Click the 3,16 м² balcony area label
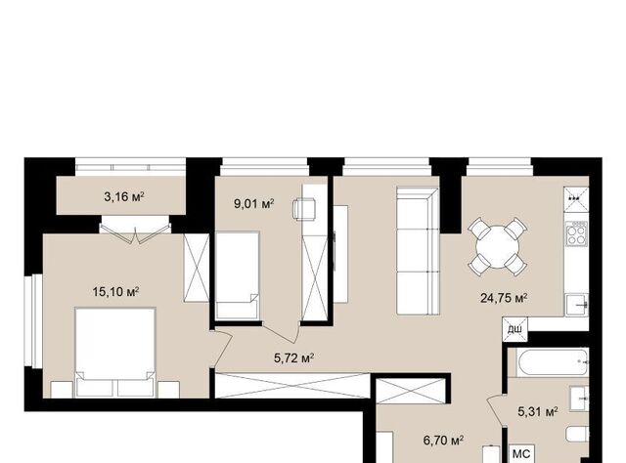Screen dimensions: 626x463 point(124,196)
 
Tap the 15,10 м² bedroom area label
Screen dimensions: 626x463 point(115,291)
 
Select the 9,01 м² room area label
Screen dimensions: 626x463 point(254,204)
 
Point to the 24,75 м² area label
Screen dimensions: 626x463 point(504,298)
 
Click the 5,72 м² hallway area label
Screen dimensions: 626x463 point(293,358)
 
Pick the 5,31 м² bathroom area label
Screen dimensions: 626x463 point(538,411)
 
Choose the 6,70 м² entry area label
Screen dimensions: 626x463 point(443,441)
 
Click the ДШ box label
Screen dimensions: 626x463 point(514,330)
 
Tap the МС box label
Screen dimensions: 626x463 point(521,454)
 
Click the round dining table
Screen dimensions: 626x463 point(498,246)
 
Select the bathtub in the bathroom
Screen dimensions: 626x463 point(552,361)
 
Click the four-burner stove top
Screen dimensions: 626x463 point(575,233)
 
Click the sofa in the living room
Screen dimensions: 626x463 point(418,250)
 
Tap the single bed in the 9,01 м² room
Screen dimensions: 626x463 point(237,275)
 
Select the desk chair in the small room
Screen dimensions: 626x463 point(304,209)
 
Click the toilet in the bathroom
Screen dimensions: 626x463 point(577,434)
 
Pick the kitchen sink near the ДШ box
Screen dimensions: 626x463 point(576,305)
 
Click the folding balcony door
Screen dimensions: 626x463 point(135,232)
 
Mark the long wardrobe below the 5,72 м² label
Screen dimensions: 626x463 point(292,385)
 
